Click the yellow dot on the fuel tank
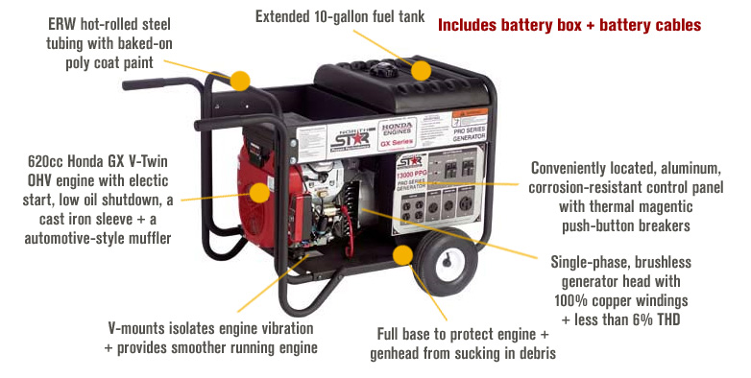[424, 70]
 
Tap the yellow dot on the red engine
[259, 192]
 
